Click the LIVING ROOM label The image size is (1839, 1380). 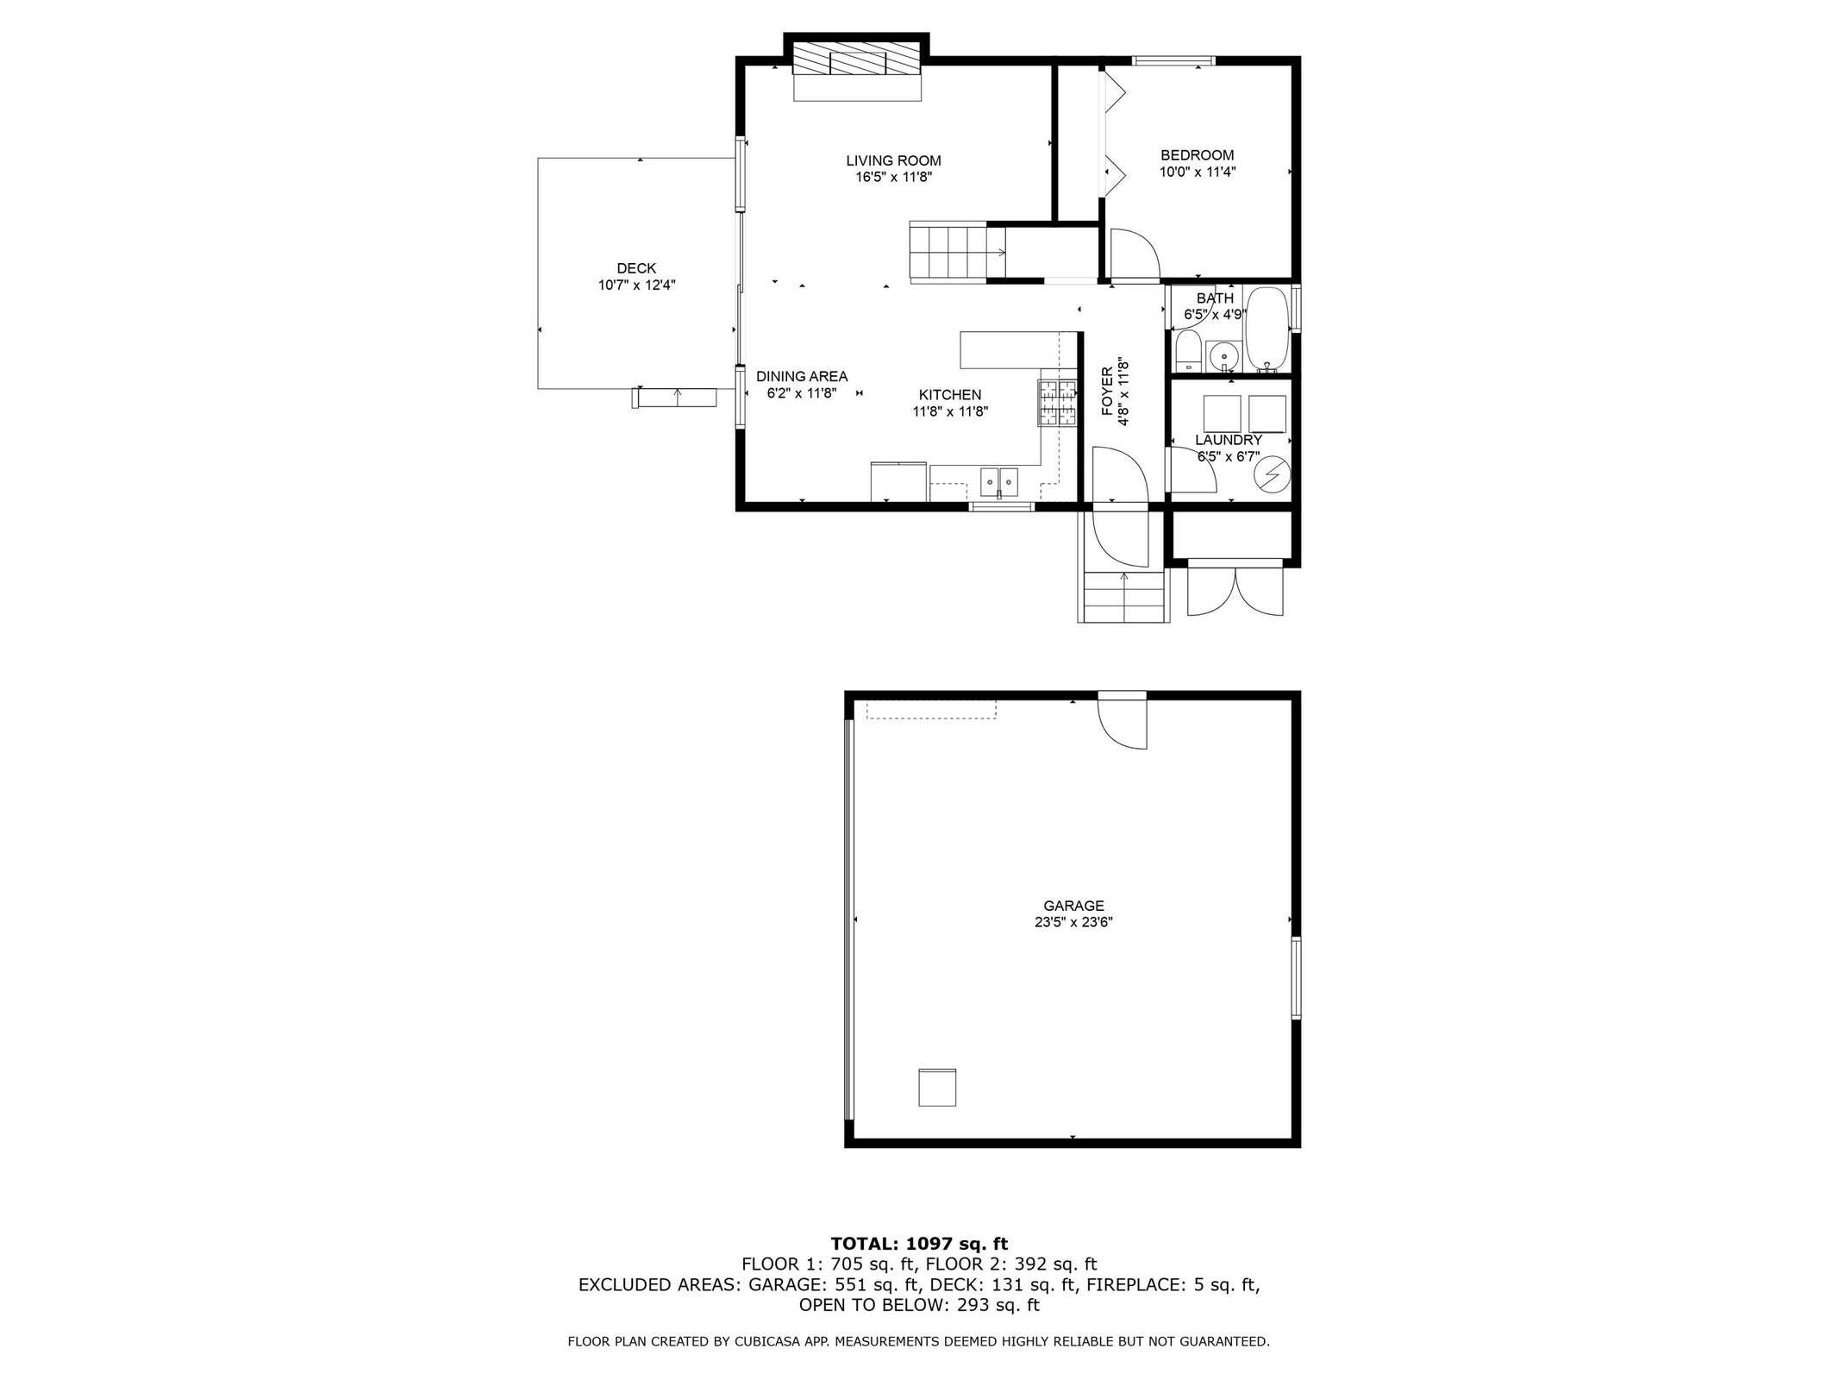(893, 160)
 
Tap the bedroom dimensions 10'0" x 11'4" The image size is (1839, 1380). (1197, 172)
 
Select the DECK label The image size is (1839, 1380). (636, 268)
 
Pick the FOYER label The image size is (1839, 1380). (1108, 392)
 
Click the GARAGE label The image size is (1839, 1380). (1073, 906)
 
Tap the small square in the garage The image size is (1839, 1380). (936, 1087)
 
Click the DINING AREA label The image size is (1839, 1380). (802, 376)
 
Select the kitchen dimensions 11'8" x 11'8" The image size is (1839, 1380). (950, 411)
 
